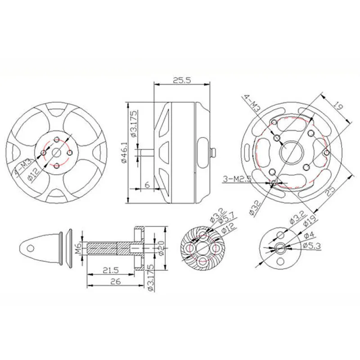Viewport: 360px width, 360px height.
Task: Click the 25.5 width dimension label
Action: [182, 80]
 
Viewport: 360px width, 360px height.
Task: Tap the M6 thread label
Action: [78, 247]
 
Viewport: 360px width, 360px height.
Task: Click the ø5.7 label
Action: [225, 219]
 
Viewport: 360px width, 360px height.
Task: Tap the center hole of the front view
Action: [56, 152]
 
